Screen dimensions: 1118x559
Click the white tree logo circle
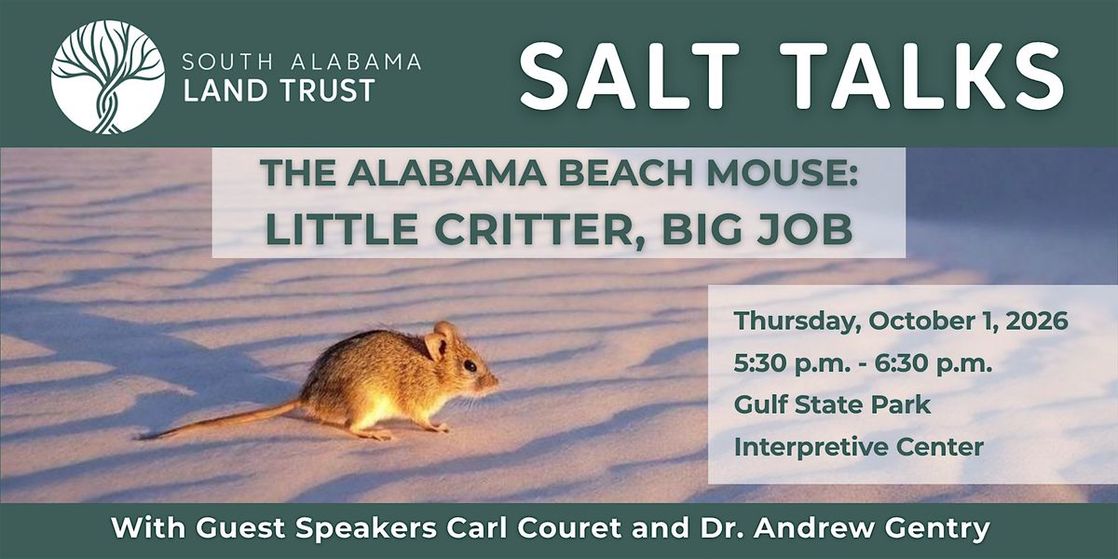[x=108, y=76]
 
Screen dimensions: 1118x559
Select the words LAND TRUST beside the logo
[x=279, y=90]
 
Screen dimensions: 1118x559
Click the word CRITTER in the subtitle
[x=534, y=229]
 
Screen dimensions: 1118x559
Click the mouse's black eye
[x=470, y=366]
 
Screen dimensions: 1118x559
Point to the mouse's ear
[x=436, y=346]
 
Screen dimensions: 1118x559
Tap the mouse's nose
[x=495, y=381]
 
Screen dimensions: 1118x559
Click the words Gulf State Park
[x=832, y=404]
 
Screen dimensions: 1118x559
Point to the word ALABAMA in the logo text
[x=356, y=61]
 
